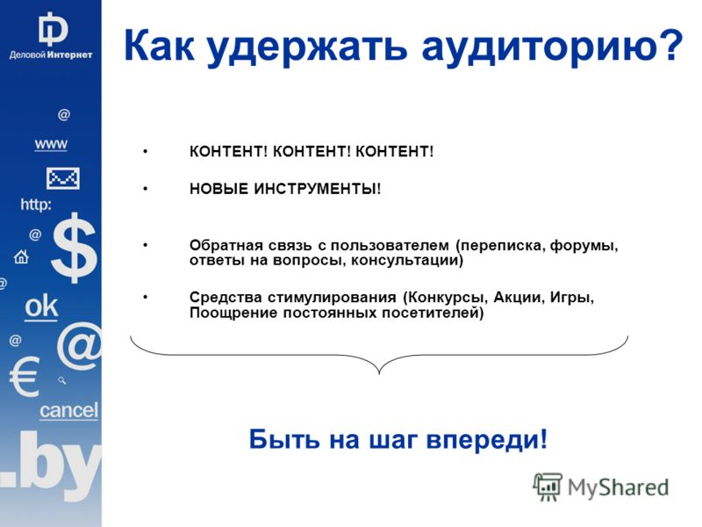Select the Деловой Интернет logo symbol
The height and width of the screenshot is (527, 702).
click(x=53, y=29)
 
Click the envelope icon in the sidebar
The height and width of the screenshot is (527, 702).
click(x=63, y=178)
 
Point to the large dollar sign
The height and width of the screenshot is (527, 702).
click(x=74, y=248)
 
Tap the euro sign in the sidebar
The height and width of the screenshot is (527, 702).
click(x=25, y=377)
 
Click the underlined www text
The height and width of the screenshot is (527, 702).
click(x=51, y=144)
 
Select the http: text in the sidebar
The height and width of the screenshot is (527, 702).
click(x=36, y=205)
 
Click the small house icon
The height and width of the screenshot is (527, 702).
click(x=21, y=257)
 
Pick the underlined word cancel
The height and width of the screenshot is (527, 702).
click(x=68, y=410)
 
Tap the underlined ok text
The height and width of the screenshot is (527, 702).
click(x=41, y=307)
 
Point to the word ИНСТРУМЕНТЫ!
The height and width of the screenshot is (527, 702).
click(x=318, y=189)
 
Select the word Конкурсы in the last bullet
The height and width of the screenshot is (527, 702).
click(x=448, y=298)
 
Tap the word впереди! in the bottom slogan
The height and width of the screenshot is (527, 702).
click(x=487, y=440)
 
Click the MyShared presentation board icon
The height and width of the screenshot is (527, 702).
click(x=547, y=487)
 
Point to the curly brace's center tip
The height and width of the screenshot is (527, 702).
click(x=379, y=373)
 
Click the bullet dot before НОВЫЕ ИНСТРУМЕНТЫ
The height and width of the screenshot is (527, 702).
click(x=145, y=189)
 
